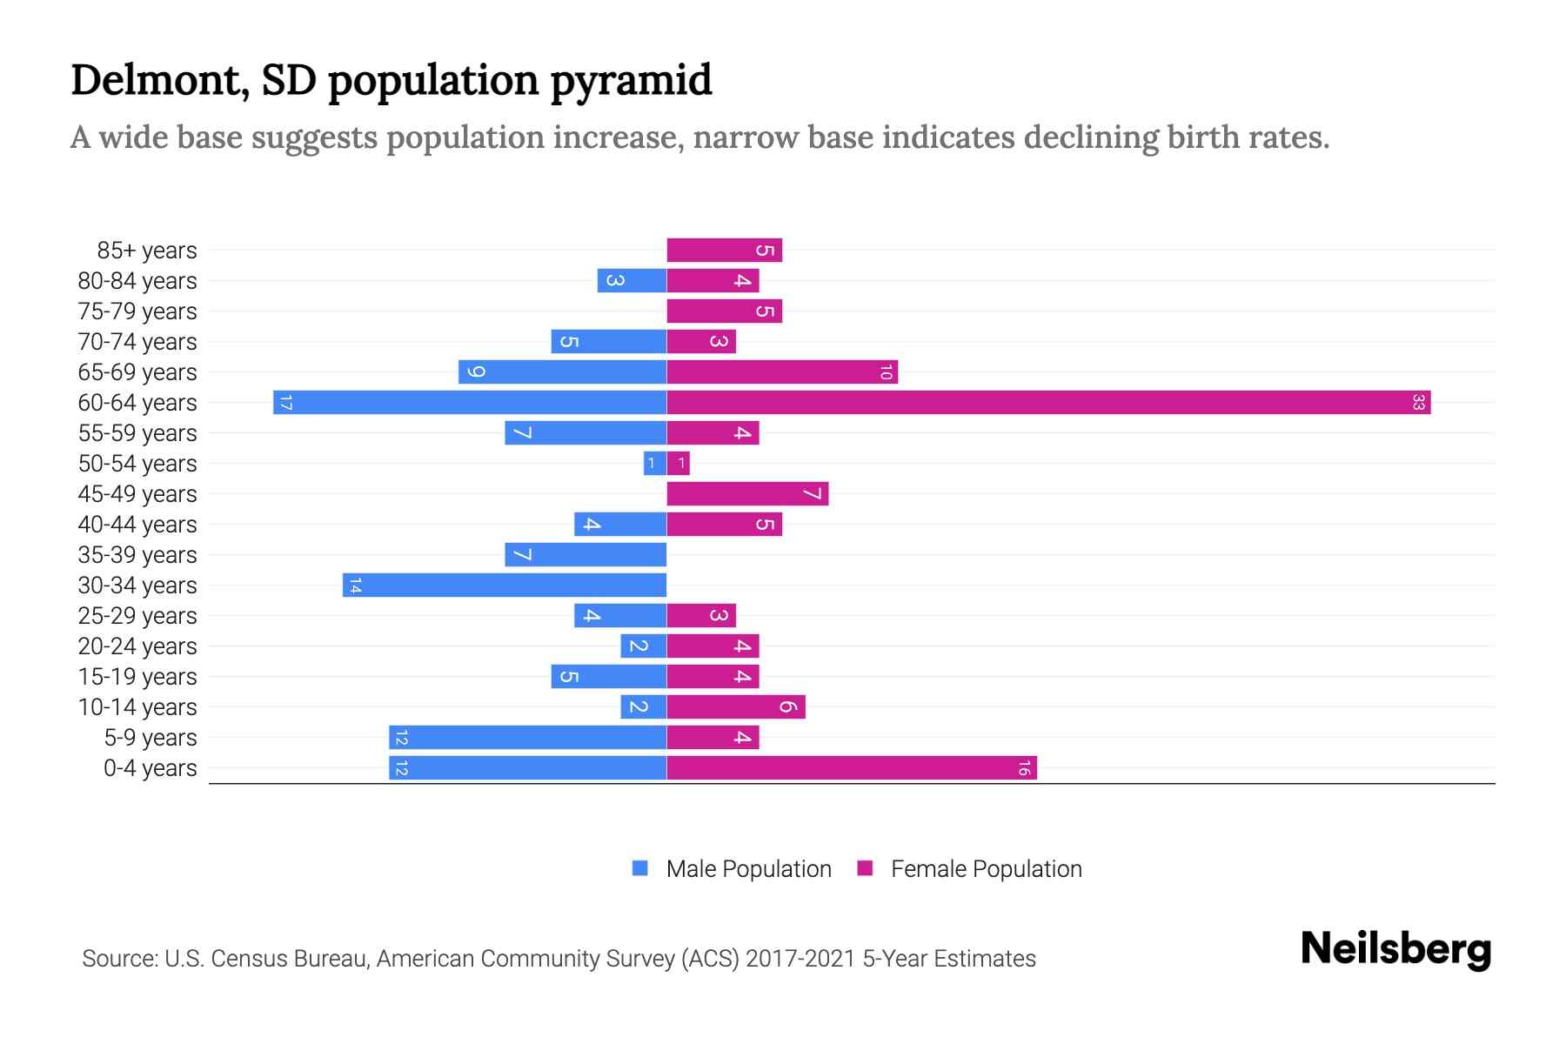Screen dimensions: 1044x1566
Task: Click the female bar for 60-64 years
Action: click(1048, 402)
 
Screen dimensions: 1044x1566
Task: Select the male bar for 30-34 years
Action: click(505, 585)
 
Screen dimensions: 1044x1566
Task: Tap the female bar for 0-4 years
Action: click(852, 767)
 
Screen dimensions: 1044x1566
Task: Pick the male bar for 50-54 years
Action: click(655, 463)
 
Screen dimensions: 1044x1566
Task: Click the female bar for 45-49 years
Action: click(747, 493)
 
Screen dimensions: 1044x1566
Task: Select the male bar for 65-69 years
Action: click(562, 371)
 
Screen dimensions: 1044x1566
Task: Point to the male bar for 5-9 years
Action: click(527, 737)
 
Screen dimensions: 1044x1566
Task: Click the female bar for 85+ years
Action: click(724, 250)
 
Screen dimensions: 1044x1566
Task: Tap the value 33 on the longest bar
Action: click(1418, 402)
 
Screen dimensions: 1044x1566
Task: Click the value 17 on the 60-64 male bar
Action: click(285, 402)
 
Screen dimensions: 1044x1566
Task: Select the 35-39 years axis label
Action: click(137, 554)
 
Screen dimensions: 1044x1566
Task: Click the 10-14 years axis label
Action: click(137, 706)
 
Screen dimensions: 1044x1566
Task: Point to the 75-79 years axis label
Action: click(137, 311)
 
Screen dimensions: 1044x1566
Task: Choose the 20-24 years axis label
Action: click(137, 646)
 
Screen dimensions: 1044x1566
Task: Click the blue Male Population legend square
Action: click(640, 868)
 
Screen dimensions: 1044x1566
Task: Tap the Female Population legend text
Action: click(986, 868)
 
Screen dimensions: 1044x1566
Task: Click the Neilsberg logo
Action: click(1395, 949)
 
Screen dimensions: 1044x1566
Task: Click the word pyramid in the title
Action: click(631, 80)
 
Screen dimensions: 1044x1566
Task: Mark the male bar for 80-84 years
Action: click(632, 280)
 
